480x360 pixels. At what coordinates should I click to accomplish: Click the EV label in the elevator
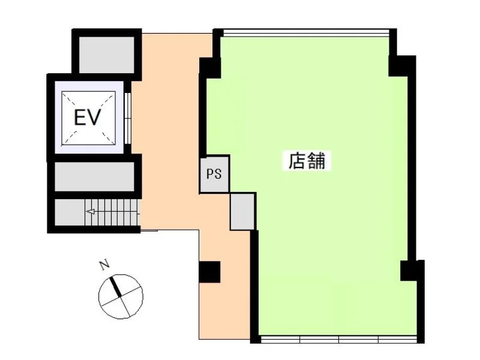tap(88, 118)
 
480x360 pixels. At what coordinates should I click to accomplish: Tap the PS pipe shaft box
tap(214, 174)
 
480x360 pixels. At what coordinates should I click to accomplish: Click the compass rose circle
tap(121, 296)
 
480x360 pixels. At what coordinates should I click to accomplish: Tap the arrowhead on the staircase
tap(90, 212)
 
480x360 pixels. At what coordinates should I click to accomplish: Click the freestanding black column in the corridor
tap(209, 272)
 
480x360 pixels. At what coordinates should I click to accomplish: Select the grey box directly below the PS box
tap(242, 211)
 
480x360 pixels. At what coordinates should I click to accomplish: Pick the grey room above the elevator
tap(107, 55)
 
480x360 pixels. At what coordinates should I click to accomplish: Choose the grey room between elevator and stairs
tap(95, 176)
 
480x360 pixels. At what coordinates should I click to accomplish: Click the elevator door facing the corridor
tap(128, 118)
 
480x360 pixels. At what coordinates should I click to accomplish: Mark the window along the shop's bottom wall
tap(338, 339)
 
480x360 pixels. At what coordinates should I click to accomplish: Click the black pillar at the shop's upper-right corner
tap(401, 65)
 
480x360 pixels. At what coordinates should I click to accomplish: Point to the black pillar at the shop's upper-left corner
tap(210, 68)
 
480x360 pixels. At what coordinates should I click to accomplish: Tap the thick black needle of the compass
tap(115, 286)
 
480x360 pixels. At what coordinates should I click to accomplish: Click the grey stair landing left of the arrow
tap(70, 212)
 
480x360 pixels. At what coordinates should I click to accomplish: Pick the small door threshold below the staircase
tap(149, 230)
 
